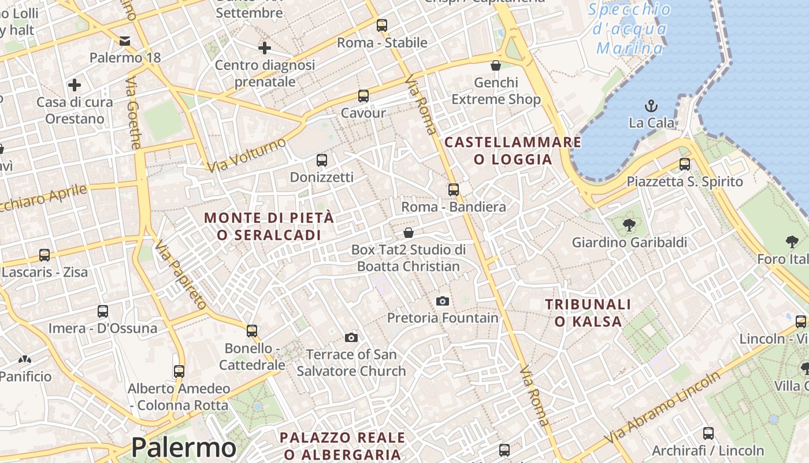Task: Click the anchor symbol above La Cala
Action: pyautogui.click(x=651, y=106)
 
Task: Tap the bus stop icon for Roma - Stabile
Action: pyautogui.click(x=381, y=25)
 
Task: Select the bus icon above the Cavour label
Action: pyautogui.click(x=363, y=96)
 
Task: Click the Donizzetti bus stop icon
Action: pyautogui.click(x=321, y=160)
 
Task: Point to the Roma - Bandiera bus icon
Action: pyautogui.click(x=453, y=190)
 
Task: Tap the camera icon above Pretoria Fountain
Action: pyautogui.click(x=442, y=301)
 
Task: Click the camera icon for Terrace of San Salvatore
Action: pyautogui.click(x=351, y=337)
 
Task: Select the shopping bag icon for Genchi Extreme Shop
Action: pyautogui.click(x=495, y=65)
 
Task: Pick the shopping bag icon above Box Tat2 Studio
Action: pyautogui.click(x=409, y=233)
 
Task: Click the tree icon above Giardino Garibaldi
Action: pyautogui.click(x=629, y=225)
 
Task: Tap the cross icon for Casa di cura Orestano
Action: pyautogui.click(x=75, y=85)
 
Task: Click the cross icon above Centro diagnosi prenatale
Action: pyautogui.click(x=265, y=48)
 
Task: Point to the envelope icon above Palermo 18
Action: pyautogui.click(x=125, y=41)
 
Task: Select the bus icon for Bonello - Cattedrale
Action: pyautogui.click(x=252, y=331)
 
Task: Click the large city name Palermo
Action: pyautogui.click(x=184, y=447)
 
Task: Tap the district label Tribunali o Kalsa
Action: pyautogui.click(x=588, y=313)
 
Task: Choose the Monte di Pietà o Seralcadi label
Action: pyautogui.click(x=269, y=226)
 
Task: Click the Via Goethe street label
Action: pyautogui.click(x=133, y=113)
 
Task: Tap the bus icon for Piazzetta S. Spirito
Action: pyautogui.click(x=685, y=164)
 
